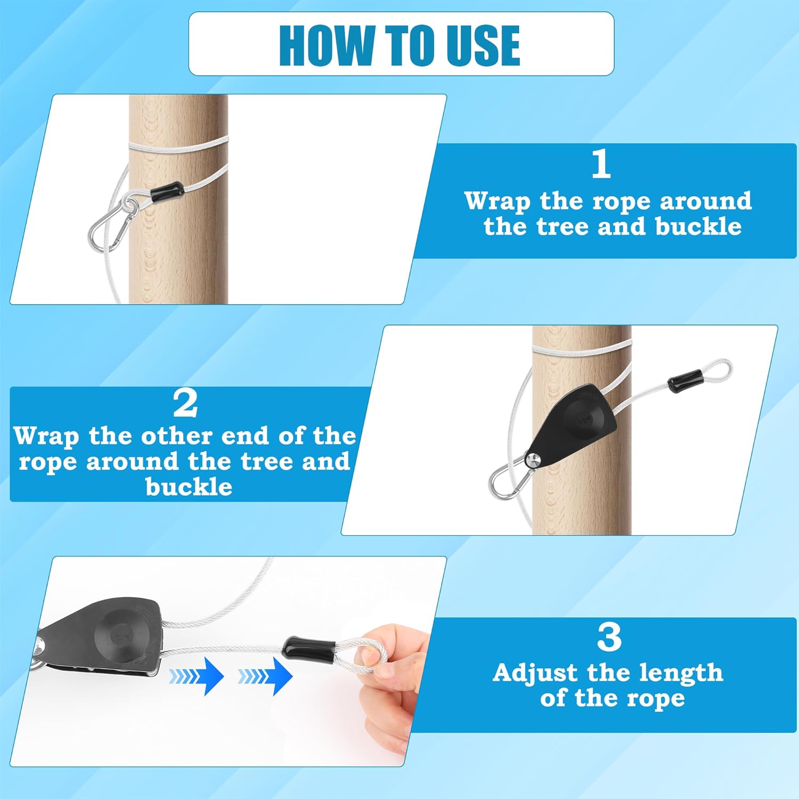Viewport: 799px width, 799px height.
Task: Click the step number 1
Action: (601, 164)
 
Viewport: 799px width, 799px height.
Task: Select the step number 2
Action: (185, 403)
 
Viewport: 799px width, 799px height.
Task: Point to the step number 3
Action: (609, 637)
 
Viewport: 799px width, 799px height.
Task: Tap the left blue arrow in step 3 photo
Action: (196, 676)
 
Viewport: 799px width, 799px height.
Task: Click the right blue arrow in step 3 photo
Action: (265, 676)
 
